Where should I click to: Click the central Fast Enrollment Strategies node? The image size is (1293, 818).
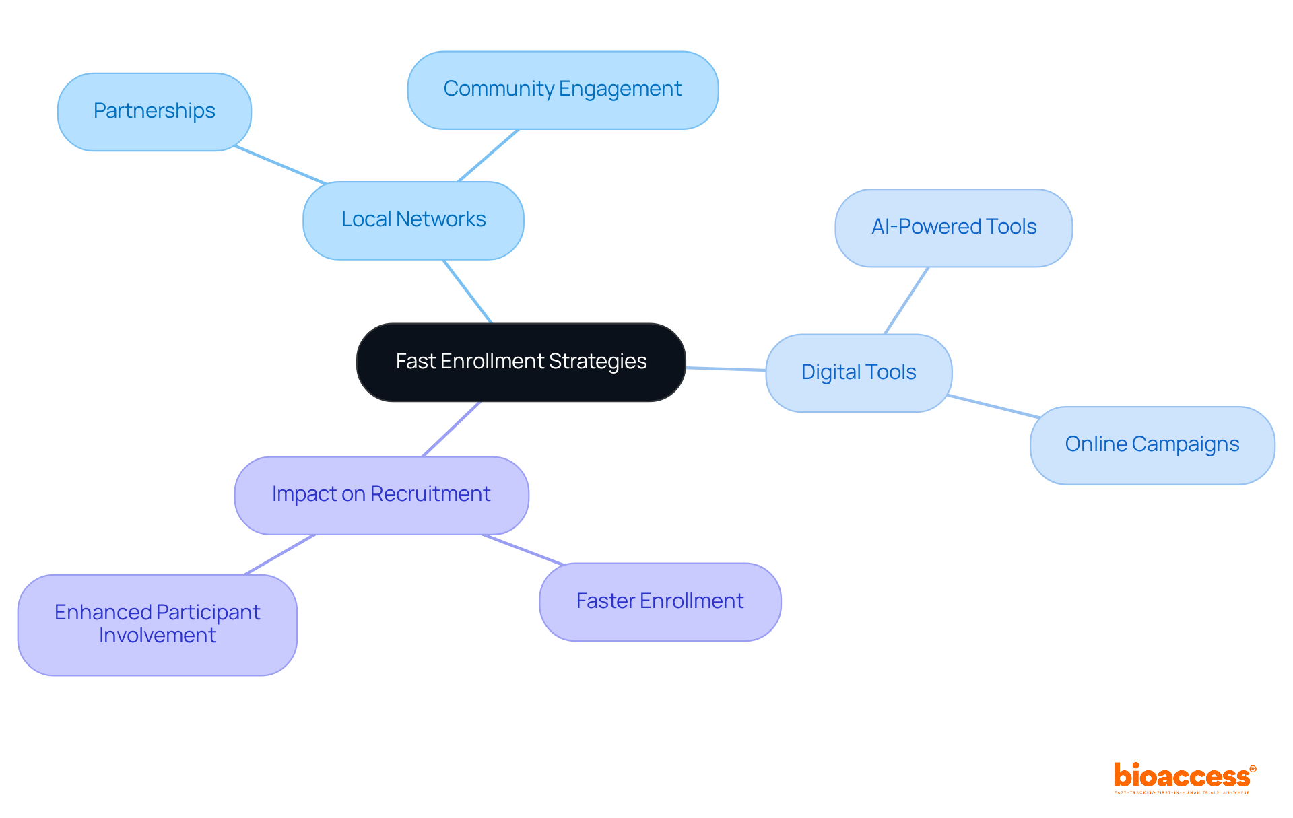(x=521, y=362)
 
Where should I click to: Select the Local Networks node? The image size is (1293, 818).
(x=413, y=220)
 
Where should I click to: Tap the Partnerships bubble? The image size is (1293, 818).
(x=154, y=112)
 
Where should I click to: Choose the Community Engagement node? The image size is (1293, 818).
(x=562, y=90)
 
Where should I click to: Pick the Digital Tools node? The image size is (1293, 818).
(x=859, y=372)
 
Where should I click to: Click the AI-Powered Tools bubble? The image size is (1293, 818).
(x=954, y=228)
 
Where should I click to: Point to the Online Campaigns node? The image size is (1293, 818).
(x=1152, y=445)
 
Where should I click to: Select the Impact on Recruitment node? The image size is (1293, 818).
(x=381, y=495)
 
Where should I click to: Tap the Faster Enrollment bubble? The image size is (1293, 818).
(x=660, y=601)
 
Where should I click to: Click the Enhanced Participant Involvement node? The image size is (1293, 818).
(x=157, y=624)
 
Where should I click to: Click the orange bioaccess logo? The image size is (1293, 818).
(x=1184, y=776)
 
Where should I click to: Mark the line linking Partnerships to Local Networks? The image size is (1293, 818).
(x=280, y=165)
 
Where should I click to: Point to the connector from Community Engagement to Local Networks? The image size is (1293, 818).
(x=488, y=156)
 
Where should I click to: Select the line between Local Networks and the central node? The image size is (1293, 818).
(x=467, y=292)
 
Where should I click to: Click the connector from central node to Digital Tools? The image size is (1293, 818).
(x=726, y=369)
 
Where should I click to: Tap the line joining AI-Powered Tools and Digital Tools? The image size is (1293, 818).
(x=906, y=300)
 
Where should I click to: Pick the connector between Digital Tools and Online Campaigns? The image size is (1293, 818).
(x=993, y=407)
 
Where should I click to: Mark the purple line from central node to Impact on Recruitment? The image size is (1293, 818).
(x=451, y=430)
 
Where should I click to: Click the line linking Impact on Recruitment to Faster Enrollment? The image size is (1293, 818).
(x=523, y=549)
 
